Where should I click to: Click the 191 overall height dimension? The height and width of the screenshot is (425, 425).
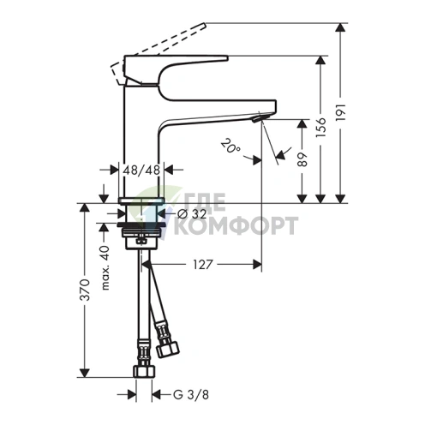341,112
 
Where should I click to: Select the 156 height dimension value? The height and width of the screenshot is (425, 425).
321,127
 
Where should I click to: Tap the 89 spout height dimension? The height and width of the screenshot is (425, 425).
302,159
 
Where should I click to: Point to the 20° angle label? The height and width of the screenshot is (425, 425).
230,146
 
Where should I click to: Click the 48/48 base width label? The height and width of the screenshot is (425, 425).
141,171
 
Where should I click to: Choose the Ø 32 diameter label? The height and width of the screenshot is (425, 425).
192,213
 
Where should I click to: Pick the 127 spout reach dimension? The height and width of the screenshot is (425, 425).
203,265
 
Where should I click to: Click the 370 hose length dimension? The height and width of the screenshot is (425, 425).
85,290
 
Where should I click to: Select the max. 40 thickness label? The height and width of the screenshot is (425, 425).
105,267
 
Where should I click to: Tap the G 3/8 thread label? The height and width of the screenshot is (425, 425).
191,395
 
